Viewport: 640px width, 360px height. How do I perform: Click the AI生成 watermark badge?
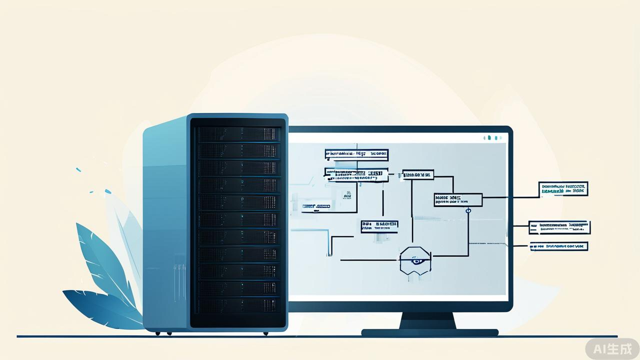tap(612, 348)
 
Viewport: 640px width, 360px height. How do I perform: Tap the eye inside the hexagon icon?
tap(415, 260)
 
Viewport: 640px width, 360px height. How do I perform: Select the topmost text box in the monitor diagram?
tap(356, 154)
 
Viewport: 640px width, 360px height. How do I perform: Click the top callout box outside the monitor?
tap(563, 189)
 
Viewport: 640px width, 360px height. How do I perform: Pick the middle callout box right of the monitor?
tap(559, 227)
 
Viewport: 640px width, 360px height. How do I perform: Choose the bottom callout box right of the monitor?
tap(558, 246)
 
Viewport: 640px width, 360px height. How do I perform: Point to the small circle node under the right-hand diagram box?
tap(468, 210)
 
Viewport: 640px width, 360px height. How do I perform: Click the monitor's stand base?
tap(429, 332)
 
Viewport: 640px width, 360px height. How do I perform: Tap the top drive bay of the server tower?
tap(238, 134)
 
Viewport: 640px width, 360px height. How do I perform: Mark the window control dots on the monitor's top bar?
tap(492, 137)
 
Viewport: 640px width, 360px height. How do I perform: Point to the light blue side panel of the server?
tap(165, 225)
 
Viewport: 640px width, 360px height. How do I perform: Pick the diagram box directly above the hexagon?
tap(379, 226)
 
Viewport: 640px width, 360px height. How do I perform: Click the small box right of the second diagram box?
tap(418, 174)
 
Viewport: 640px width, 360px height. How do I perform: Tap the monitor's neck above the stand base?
tap(427, 320)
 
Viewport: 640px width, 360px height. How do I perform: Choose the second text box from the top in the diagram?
tap(356, 175)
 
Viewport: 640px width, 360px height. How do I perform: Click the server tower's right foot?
tap(265, 333)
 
